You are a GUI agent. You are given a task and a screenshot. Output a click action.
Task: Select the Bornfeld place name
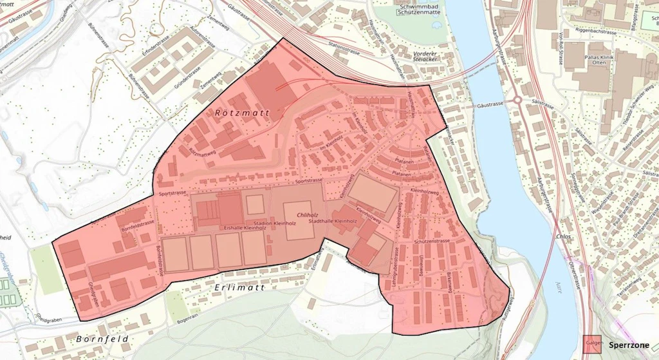102,339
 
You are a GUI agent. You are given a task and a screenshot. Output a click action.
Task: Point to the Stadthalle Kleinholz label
333,222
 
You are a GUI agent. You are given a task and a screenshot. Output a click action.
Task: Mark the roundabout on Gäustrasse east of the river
517,100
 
